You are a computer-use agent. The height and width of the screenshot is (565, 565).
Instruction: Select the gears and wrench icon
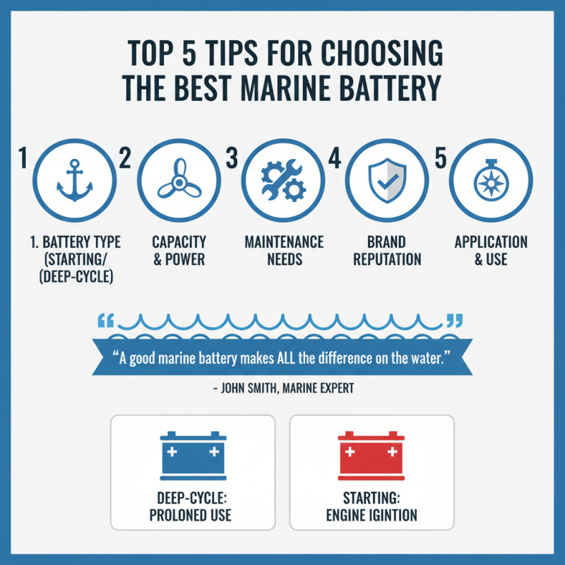click(x=282, y=179)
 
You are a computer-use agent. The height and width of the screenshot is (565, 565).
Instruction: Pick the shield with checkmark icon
click(x=386, y=179)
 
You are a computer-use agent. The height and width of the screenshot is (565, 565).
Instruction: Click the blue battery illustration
click(x=193, y=453)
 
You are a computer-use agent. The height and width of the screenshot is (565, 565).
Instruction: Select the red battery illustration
click(x=371, y=453)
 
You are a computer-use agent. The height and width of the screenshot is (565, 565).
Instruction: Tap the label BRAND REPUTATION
click(x=386, y=251)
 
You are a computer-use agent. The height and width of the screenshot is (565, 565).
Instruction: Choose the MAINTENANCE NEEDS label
click(x=283, y=251)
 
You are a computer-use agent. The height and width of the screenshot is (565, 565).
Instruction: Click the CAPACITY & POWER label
click(x=178, y=251)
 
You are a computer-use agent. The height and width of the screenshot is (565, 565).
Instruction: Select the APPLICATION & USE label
click(x=491, y=251)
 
